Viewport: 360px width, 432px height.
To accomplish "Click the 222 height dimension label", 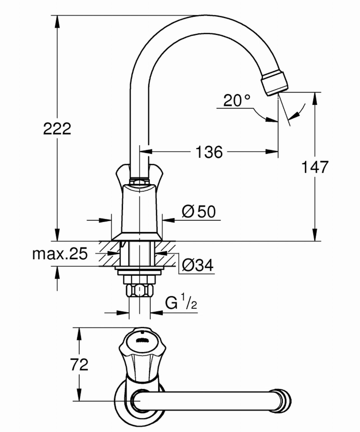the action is [57, 129].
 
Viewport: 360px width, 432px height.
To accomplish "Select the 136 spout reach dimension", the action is [209, 152].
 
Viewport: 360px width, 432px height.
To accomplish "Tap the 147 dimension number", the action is [315, 167].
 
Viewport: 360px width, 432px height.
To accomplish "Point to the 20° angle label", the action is [237, 101].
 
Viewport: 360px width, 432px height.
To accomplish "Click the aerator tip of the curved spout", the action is [275, 84].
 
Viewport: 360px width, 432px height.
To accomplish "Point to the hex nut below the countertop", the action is [140, 291].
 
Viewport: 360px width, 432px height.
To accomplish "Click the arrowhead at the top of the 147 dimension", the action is [315, 98].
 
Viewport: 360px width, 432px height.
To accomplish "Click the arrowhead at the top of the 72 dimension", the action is [79, 334].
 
